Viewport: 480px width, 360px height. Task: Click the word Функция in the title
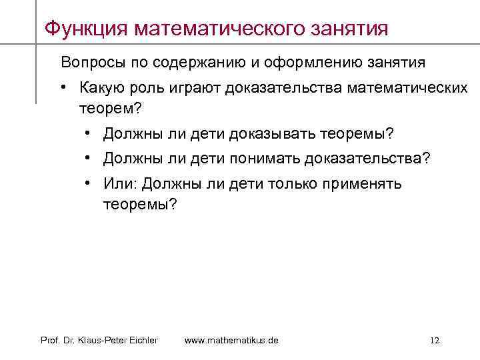(x=85, y=29)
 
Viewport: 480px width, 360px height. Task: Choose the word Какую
(x=100, y=88)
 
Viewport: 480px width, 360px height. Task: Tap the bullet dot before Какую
(x=65, y=88)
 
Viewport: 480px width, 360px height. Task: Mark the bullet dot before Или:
(x=89, y=183)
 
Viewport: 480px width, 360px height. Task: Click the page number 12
(x=435, y=341)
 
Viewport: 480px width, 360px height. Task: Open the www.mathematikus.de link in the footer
(x=231, y=341)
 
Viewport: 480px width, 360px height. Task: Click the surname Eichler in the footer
(x=143, y=341)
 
